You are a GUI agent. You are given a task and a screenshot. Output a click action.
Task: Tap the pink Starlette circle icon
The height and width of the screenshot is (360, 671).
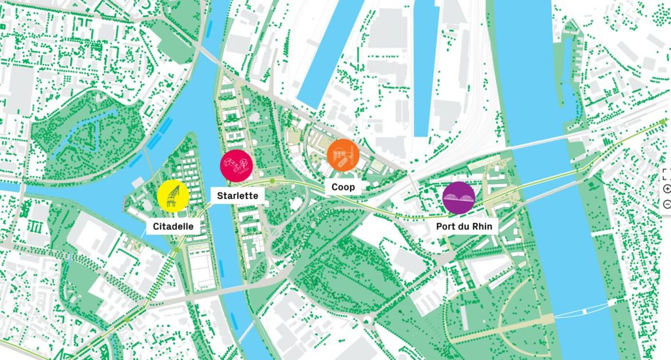[x=236, y=166]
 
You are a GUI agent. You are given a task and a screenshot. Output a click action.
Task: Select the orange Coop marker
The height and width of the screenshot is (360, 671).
[x=343, y=156]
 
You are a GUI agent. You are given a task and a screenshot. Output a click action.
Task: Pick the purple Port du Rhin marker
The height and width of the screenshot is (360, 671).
[x=459, y=197]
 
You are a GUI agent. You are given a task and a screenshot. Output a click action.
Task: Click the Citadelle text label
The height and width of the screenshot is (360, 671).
[x=173, y=227]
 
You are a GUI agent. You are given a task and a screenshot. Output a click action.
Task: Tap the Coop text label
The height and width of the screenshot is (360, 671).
[x=343, y=187]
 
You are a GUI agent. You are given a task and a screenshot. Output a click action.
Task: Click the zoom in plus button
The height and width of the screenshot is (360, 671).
[x=667, y=189]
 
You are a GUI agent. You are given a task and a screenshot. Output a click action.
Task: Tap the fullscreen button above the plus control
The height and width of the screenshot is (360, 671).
[x=667, y=174]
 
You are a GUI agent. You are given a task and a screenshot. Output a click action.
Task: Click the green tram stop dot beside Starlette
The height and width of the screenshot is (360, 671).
[x=272, y=180]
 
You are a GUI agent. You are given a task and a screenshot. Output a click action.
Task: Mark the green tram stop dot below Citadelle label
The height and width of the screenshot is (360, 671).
[x=176, y=249]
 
